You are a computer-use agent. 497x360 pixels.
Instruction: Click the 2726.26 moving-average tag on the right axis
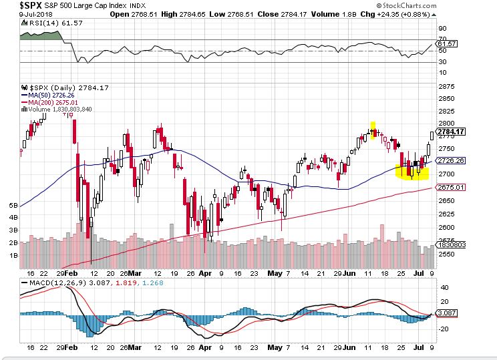[x=452, y=161]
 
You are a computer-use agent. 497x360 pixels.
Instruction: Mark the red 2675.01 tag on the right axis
[x=452, y=187]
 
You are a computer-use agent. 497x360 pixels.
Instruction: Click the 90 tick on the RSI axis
[x=442, y=29]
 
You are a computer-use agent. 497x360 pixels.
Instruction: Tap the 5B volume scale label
[x=13, y=206]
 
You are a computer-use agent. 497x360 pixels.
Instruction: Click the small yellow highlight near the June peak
[x=373, y=126]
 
